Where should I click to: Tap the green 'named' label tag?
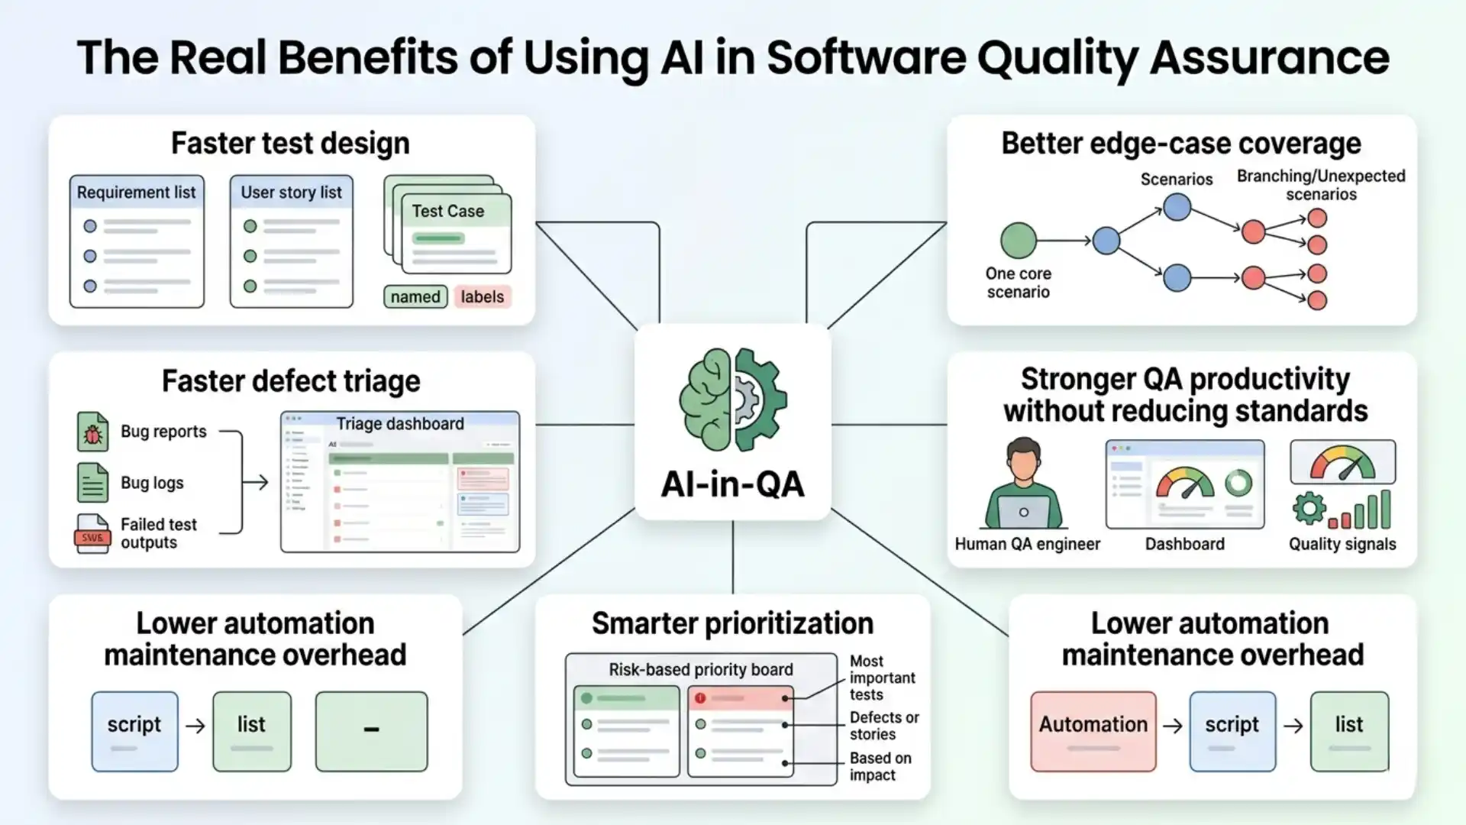(415, 296)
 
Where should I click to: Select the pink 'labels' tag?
(482, 296)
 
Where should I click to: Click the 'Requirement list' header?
(136, 192)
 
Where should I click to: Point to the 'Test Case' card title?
(448, 211)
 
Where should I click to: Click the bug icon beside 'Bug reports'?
(92, 432)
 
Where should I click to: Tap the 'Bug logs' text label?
(152, 483)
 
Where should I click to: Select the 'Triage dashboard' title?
(400, 423)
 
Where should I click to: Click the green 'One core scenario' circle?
(1019, 241)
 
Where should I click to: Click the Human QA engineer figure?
(1023, 485)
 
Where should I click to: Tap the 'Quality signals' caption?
(1342, 544)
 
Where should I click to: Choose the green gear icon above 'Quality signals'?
(1309, 509)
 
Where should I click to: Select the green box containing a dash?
(371, 731)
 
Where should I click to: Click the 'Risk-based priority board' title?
(700, 669)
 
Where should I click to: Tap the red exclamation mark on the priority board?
(700, 698)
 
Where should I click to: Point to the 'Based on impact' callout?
(880, 766)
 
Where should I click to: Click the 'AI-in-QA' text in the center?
(733, 484)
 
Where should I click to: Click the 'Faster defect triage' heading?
(291, 381)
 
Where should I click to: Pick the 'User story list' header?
(291, 192)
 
